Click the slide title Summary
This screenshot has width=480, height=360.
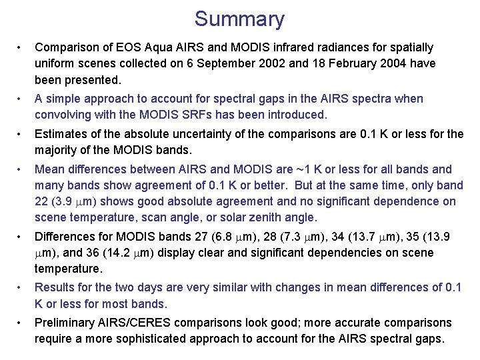point(239,19)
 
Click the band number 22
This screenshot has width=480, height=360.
point(42,201)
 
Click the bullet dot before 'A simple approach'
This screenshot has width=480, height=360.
point(21,99)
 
